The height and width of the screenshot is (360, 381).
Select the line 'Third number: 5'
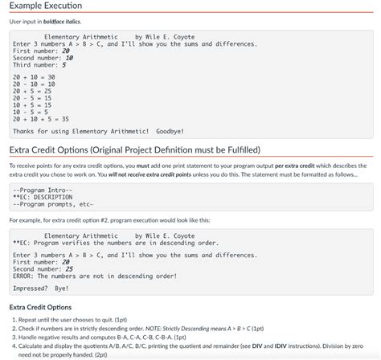pos(39,65)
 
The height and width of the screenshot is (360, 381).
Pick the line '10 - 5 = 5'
pos(32,111)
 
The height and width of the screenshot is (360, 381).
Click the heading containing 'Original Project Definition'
pos(134,149)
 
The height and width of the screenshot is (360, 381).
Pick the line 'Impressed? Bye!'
pos(41,288)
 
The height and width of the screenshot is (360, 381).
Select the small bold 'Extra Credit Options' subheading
pos(40,307)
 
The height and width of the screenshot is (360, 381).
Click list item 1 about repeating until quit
pos(88,320)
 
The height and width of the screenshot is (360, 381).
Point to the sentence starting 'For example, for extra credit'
pos(109,219)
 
